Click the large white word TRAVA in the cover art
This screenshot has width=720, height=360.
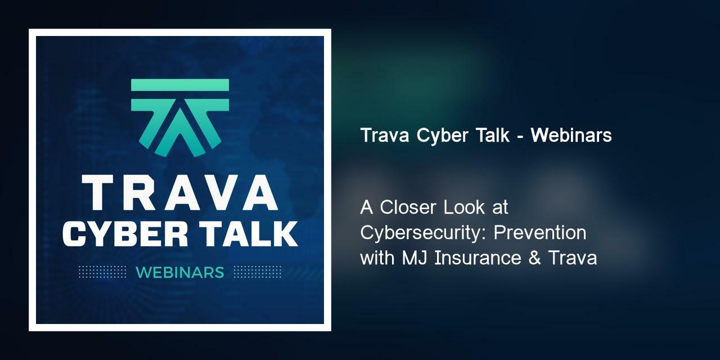(x=179, y=192)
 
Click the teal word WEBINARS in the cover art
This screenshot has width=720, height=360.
(x=179, y=272)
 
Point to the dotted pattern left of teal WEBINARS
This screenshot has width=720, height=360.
(x=102, y=272)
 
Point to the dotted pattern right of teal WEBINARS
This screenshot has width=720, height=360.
(x=257, y=272)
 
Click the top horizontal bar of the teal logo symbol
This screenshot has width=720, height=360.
(x=180, y=85)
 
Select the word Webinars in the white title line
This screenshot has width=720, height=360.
(x=571, y=136)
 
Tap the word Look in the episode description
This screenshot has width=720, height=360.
(x=464, y=208)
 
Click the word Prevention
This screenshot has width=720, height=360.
(x=548, y=233)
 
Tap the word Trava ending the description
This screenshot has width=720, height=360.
(x=573, y=258)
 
